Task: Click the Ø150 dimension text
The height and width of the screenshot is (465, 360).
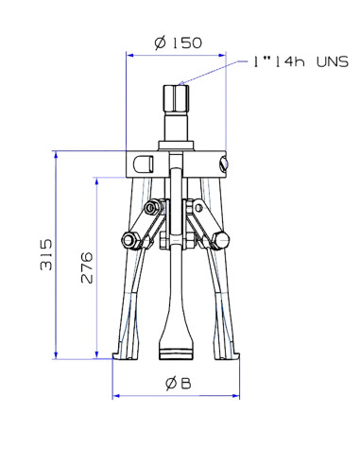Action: (176, 43)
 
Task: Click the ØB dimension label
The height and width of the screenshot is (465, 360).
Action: (178, 384)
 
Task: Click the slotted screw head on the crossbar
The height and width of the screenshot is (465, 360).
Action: (223, 163)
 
